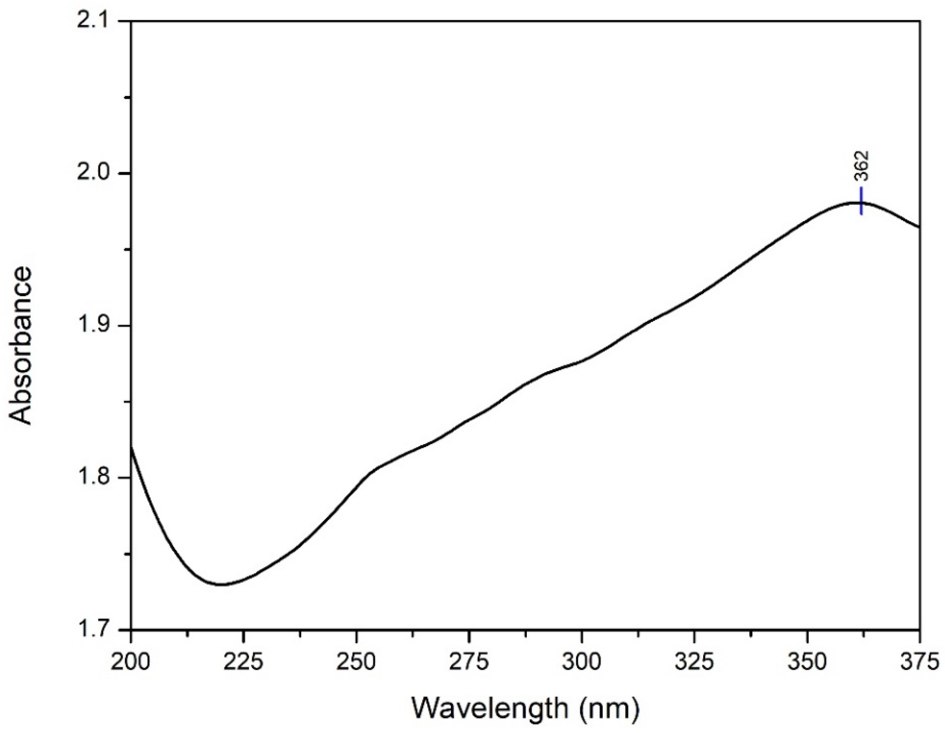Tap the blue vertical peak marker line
(x=862, y=201)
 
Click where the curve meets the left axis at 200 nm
(x=131, y=447)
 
